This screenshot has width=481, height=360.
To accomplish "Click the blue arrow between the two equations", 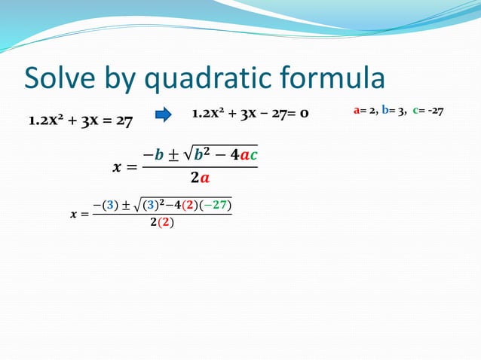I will click(x=163, y=115).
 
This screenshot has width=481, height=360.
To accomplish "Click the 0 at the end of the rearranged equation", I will click(x=304, y=114).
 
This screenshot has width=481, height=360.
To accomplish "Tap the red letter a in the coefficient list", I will click(x=357, y=111).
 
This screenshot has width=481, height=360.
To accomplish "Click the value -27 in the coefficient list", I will click(x=434, y=111).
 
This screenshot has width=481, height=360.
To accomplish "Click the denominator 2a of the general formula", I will click(x=200, y=178).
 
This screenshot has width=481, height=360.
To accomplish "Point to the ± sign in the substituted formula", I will click(x=124, y=205).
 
